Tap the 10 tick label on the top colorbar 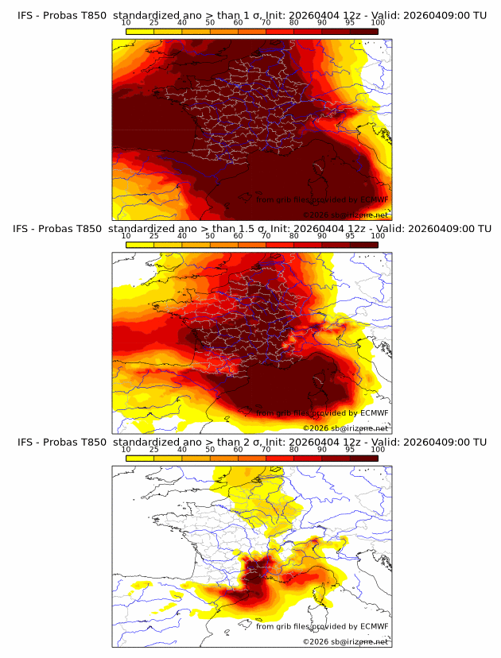pos(126,23)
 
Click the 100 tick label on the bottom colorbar pos(378,450)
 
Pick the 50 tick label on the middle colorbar pos(210,236)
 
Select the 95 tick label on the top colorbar pos(350,23)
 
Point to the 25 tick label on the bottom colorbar pos(153,450)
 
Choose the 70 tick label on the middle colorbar pos(266,236)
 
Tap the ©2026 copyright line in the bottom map pos(346,641)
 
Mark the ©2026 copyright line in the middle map pos(346,428)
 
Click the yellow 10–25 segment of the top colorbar pos(140,31)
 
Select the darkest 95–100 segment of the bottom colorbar pos(364,458)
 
